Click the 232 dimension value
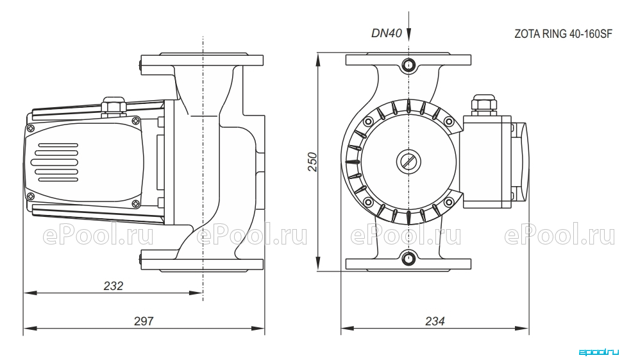point(113,286)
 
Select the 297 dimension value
point(143,321)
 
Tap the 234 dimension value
point(435,321)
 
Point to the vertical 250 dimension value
point(313,162)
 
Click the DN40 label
point(387,33)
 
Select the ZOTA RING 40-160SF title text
point(563,34)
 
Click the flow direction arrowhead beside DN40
point(408,34)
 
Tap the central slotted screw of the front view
point(408,161)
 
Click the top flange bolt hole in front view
point(408,64)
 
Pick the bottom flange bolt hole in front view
point(408,259)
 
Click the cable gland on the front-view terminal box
point(484,105)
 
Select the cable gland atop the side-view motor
point(113,107)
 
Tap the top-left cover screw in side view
point(30,128)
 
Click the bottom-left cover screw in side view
point(30,196)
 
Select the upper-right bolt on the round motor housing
point(449,121)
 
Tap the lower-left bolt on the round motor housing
point(369,202)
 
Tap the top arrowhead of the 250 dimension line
point(318,60)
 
